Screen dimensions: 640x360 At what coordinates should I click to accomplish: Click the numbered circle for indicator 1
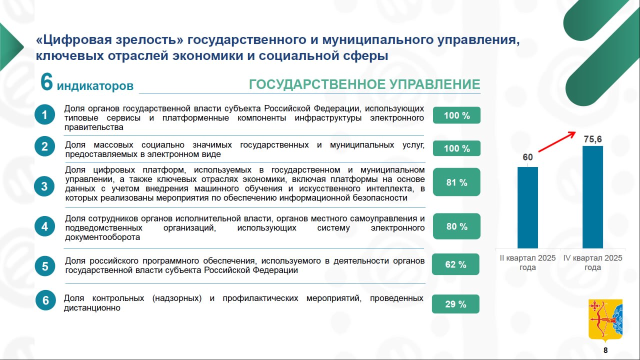45,114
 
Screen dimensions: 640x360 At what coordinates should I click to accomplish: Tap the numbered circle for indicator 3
44,186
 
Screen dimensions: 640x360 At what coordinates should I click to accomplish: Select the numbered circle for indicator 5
45,266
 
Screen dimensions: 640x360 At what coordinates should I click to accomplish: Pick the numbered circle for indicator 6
45,300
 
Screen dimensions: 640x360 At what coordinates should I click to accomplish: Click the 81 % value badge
456,182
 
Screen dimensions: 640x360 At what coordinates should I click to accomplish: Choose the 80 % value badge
456,226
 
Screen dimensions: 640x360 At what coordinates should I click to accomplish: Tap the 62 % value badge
455,264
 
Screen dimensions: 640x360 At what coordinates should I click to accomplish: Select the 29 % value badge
455,304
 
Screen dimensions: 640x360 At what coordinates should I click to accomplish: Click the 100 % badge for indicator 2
456,148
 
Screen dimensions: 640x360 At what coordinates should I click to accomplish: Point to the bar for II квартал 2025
527,207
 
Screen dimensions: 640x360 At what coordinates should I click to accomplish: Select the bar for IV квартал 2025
593,197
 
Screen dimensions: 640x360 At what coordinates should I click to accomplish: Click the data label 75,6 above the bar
593,139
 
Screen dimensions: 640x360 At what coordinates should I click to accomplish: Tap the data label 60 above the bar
527,157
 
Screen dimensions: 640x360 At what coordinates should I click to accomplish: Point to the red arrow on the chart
557,141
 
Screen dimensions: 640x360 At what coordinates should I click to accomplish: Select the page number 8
605,350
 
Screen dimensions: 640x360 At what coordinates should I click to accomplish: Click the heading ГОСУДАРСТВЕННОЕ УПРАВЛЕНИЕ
364,84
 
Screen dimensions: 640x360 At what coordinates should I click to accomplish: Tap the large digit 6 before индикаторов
46,81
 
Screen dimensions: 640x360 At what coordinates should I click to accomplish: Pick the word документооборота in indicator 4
102,237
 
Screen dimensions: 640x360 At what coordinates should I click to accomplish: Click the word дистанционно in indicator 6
92,308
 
